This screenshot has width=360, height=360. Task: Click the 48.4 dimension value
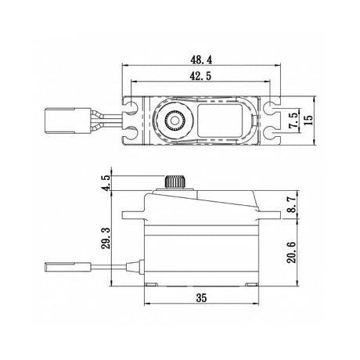201,60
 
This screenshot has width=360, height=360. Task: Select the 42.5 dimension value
200,77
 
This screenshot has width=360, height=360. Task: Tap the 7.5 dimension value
293,121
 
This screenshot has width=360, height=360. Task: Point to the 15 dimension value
308,121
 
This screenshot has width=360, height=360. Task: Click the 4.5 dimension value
107,183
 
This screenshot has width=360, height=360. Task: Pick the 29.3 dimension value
106,238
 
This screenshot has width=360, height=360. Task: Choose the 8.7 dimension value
293,205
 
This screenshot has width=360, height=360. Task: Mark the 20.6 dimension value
292,252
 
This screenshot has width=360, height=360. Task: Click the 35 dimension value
201,297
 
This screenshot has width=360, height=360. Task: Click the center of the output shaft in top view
175,121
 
